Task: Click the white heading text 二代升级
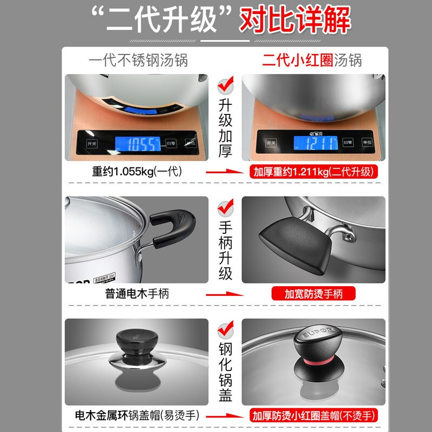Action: (x=161, y=21)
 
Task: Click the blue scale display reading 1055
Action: (x=138, y=144)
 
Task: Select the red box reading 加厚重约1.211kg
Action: (x=313, y=172)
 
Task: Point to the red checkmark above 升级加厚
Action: (x=225, y=85)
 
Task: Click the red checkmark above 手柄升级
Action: (x=225, y=207)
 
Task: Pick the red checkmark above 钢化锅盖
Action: (x=225, y=329)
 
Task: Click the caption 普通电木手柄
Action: (x=137, y=294)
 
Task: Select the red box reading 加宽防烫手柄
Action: (x=313, y=294)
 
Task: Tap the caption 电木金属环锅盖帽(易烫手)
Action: (x=137, y=416)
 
